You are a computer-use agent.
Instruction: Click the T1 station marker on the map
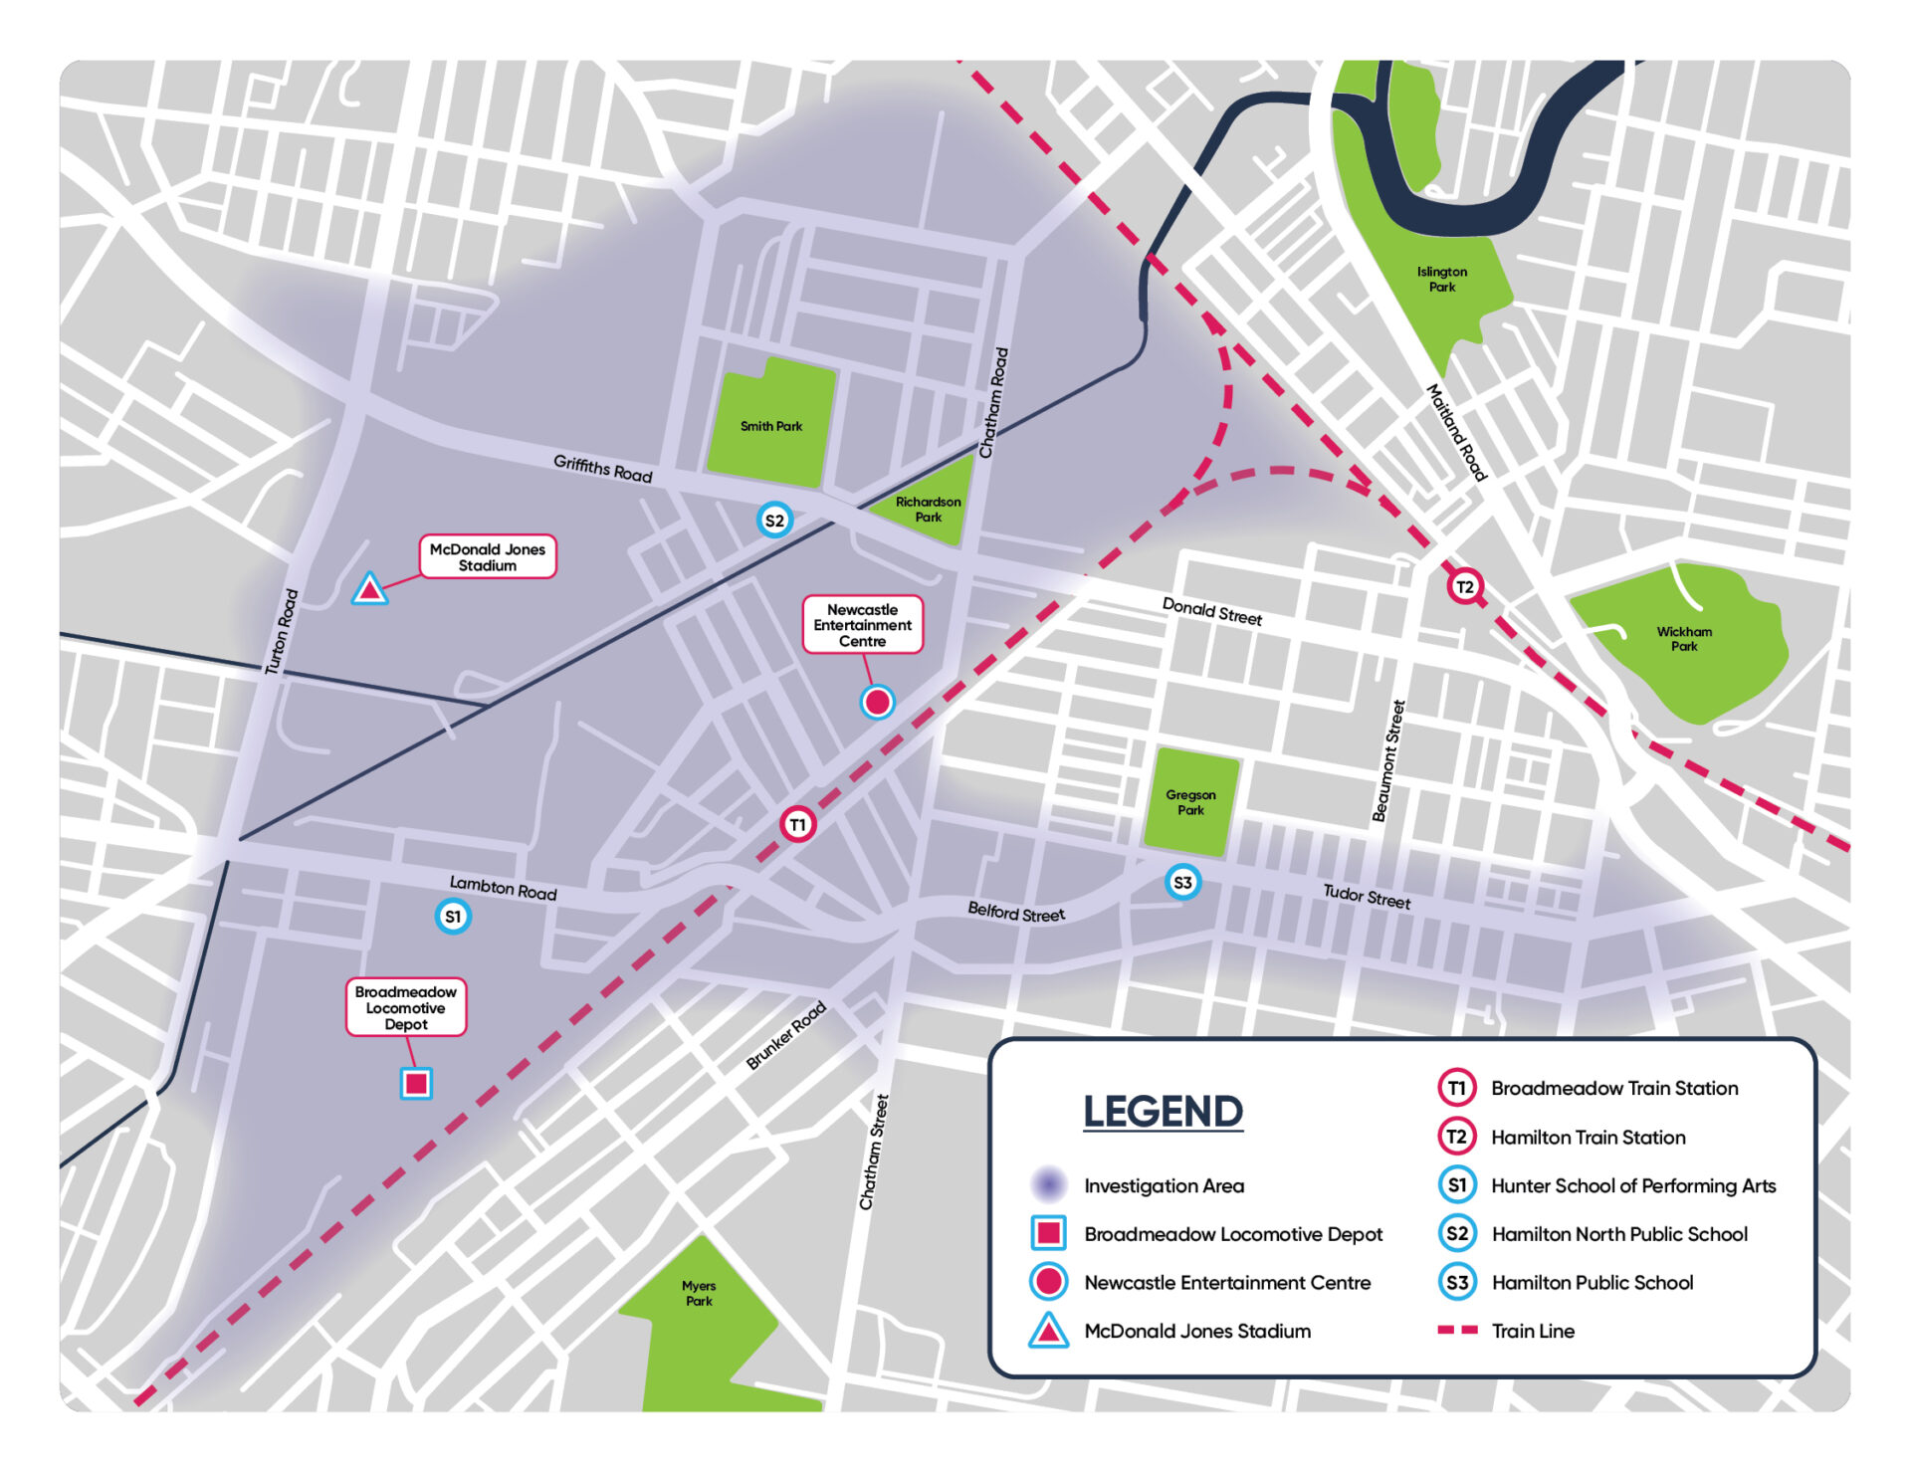click(797, 824)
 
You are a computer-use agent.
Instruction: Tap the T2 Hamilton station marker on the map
click(1464, 586)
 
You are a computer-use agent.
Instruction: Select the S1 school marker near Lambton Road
click(453, 917)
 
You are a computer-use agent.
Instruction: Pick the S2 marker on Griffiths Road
click(774, 521)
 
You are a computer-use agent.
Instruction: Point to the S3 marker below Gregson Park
click(1182, 882)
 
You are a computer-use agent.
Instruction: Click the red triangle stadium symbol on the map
click(370, 590)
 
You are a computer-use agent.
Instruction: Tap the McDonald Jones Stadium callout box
click(488, 557)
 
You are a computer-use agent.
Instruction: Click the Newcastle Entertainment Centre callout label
click(862, 625)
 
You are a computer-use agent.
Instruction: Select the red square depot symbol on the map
click(416, 1083)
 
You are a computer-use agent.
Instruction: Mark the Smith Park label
click(771, 426)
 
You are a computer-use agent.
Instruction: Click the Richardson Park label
click(928, 510)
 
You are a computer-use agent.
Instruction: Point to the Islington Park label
click(1442, 279)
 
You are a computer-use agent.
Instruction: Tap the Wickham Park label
click(1684, 639)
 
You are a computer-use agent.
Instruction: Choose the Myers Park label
click(699, 1293)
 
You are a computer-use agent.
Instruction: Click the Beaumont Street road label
click(1388, 761)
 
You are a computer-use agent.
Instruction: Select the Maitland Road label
click(1456, 433)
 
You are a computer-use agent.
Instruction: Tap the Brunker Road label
click(786, 1036)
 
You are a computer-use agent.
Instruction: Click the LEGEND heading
click(1163, 1112)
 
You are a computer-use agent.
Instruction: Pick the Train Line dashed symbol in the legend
click(1458, 1331)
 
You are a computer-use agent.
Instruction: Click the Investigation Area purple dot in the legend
click(1048, 1184)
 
